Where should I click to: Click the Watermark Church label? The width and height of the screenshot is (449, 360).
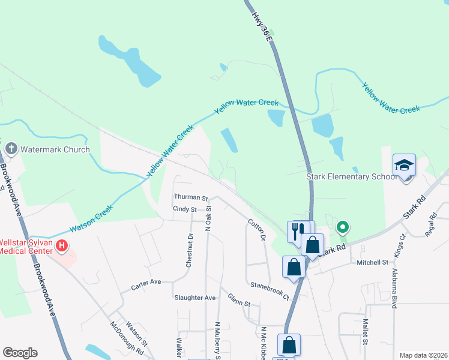(x=55, y=149)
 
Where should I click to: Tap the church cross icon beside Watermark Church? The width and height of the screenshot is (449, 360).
(x=11, y=148)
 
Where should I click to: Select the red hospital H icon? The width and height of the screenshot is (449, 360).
(x=62, y=246)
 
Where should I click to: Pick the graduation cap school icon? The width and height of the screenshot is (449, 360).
(x=404, y=165)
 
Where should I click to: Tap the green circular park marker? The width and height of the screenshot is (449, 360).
(x=343, y=227)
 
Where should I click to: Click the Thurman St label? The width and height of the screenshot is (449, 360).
(x=191, y=197)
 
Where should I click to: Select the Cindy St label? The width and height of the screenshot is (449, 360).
(x=184, y=209)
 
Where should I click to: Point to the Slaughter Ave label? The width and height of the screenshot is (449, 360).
(x=194, y=298)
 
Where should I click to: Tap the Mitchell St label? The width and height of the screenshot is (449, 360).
(x=372, y=262)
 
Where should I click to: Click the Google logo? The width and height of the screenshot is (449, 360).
(x=20, y=353)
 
